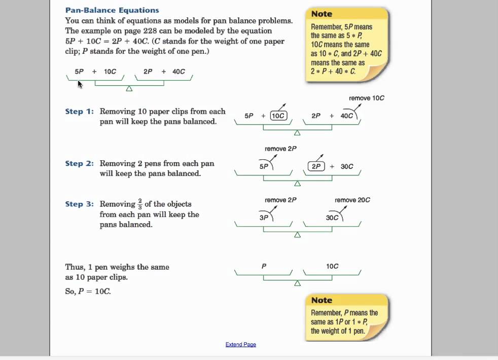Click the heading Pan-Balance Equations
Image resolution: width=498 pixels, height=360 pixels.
click(112, 10)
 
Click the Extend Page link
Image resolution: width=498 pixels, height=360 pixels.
click(241, 344)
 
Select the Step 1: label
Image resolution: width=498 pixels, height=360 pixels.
click(80, 112)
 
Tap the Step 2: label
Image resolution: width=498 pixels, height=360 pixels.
click(80, 164)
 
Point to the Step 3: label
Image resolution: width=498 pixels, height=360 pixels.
click(80, 204)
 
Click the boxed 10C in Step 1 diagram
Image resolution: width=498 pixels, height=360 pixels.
click(278, 116)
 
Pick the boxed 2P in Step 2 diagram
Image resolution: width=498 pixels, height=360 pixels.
click(316, 166)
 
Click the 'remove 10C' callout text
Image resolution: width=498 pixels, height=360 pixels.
click(367, 98)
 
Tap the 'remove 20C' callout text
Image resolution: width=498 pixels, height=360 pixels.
click(352, 200)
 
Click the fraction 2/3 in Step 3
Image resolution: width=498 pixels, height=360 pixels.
click(140, 204)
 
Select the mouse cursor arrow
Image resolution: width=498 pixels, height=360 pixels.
click(80, 84)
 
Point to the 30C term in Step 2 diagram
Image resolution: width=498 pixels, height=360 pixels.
click(347, 166)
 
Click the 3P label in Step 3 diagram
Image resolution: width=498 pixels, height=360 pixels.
click(264, 218)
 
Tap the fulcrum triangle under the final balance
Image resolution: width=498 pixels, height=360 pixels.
click(298, 283)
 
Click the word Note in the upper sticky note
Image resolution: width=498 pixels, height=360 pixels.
click(322, 14)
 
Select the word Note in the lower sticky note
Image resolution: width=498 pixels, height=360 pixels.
click(322, 300)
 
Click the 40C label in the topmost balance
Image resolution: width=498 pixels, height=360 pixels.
click(179, 71)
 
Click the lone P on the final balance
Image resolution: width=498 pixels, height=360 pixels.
click(264, 266)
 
